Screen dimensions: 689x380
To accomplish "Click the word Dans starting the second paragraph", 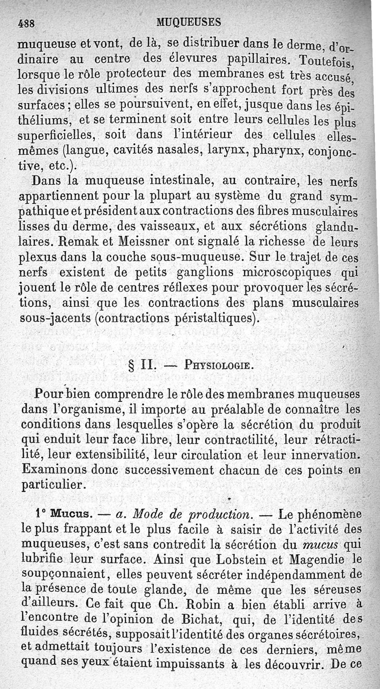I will [48, 181].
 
